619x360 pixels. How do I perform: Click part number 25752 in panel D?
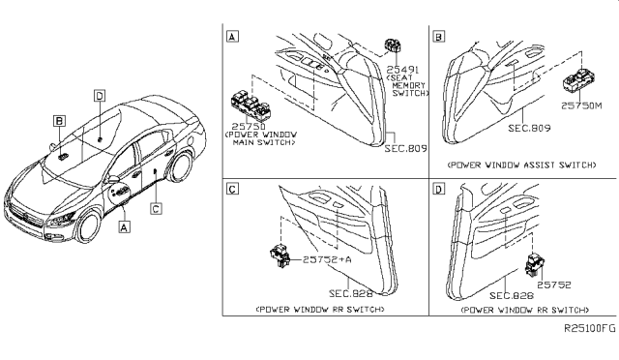(556, 286)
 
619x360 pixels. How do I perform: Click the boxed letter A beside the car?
(123, 229)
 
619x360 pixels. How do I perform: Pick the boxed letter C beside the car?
(155, 206)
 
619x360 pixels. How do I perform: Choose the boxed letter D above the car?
(100, 95)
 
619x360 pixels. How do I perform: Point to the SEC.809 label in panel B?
(527, 126)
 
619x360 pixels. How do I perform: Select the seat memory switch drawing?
(394, 45)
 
